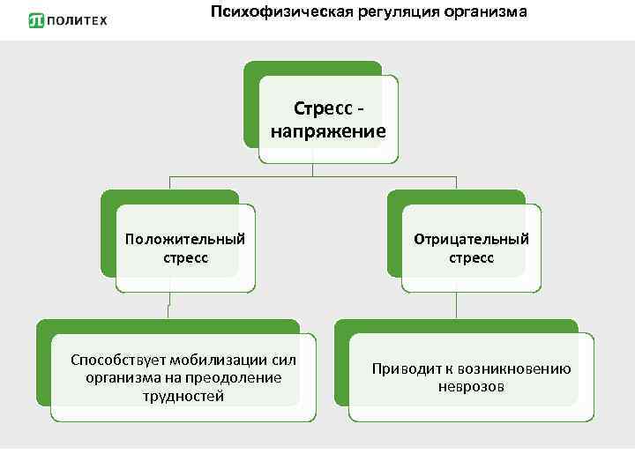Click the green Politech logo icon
(x=36, y=20)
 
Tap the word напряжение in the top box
(x=328, y=132)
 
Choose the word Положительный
(x=185, y=240)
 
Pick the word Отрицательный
(x=472, y=240)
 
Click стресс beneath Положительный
(x=185, y=258)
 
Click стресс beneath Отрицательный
(x=472, y=258)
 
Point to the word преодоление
(x=238, y=378)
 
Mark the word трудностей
(x=184, y=396)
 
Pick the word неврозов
(x=472, y=387)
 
